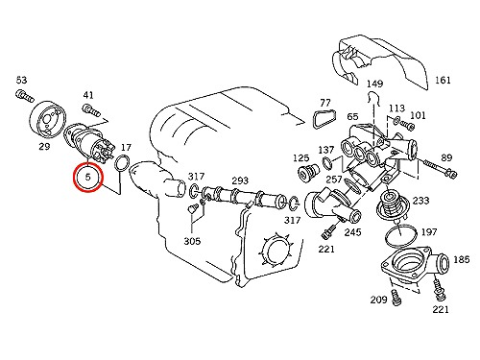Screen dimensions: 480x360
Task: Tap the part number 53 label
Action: (x=22, y=80)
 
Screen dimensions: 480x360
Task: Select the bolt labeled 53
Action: (x=24, y=96)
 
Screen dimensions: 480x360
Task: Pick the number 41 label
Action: (x=88, y=95)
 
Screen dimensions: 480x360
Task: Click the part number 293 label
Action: (x=240, y=180)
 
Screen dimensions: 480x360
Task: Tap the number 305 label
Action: (x=192, y=241)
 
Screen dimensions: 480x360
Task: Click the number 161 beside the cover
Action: (x=443, y=80)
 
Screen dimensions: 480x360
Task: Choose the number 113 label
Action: (x=396, y=108)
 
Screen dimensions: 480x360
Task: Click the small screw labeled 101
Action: (x=408, y=125)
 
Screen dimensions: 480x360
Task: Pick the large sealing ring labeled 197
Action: (x=386, y=236)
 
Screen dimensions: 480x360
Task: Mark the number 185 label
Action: (x=461, y=259)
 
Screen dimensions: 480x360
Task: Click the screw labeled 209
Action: (x=396, y=297)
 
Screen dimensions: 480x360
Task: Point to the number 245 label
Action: (x=352, y=232)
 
